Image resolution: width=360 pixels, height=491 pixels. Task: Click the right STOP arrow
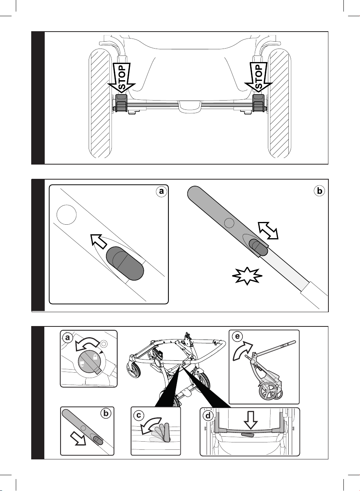[x=259, y=77]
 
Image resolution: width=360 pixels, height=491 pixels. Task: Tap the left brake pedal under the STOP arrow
[x=121, y=103]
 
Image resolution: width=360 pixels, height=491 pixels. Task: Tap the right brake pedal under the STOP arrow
[x=259, y=103]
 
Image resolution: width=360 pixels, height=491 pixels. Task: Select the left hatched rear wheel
[x=100, y=103]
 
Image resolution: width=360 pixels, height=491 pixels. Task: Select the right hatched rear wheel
[x=279, y=103]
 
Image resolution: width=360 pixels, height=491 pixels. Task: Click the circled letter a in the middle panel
[x=161, y=192]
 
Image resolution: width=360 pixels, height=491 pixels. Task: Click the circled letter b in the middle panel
[x=320, y=191]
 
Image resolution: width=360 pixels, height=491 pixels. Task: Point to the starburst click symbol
[x=247, y=276]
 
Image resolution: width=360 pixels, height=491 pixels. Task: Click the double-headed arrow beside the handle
[x=268, y=230]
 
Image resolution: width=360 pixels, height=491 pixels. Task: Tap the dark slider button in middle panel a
[x=125, y=263]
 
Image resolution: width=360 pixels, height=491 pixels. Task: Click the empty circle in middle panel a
[x=67, y=215]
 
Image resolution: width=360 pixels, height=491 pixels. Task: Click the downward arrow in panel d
[x=251, y=420]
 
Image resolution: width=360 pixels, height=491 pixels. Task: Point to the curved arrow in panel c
[x=150, y=425]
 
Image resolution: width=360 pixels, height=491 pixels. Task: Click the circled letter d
[x=208, y=415]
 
